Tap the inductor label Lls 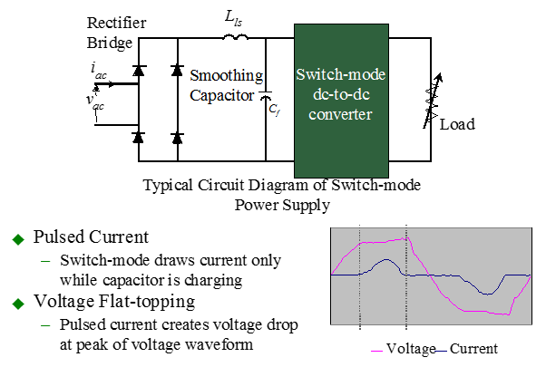(235, 18)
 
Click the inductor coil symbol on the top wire (234, 38)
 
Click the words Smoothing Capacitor (226, 84)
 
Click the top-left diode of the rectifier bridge (138, 70)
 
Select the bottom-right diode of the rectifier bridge (177, 138)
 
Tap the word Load (457, 124)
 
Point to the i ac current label (99, 68)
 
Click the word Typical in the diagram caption (168, 186)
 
